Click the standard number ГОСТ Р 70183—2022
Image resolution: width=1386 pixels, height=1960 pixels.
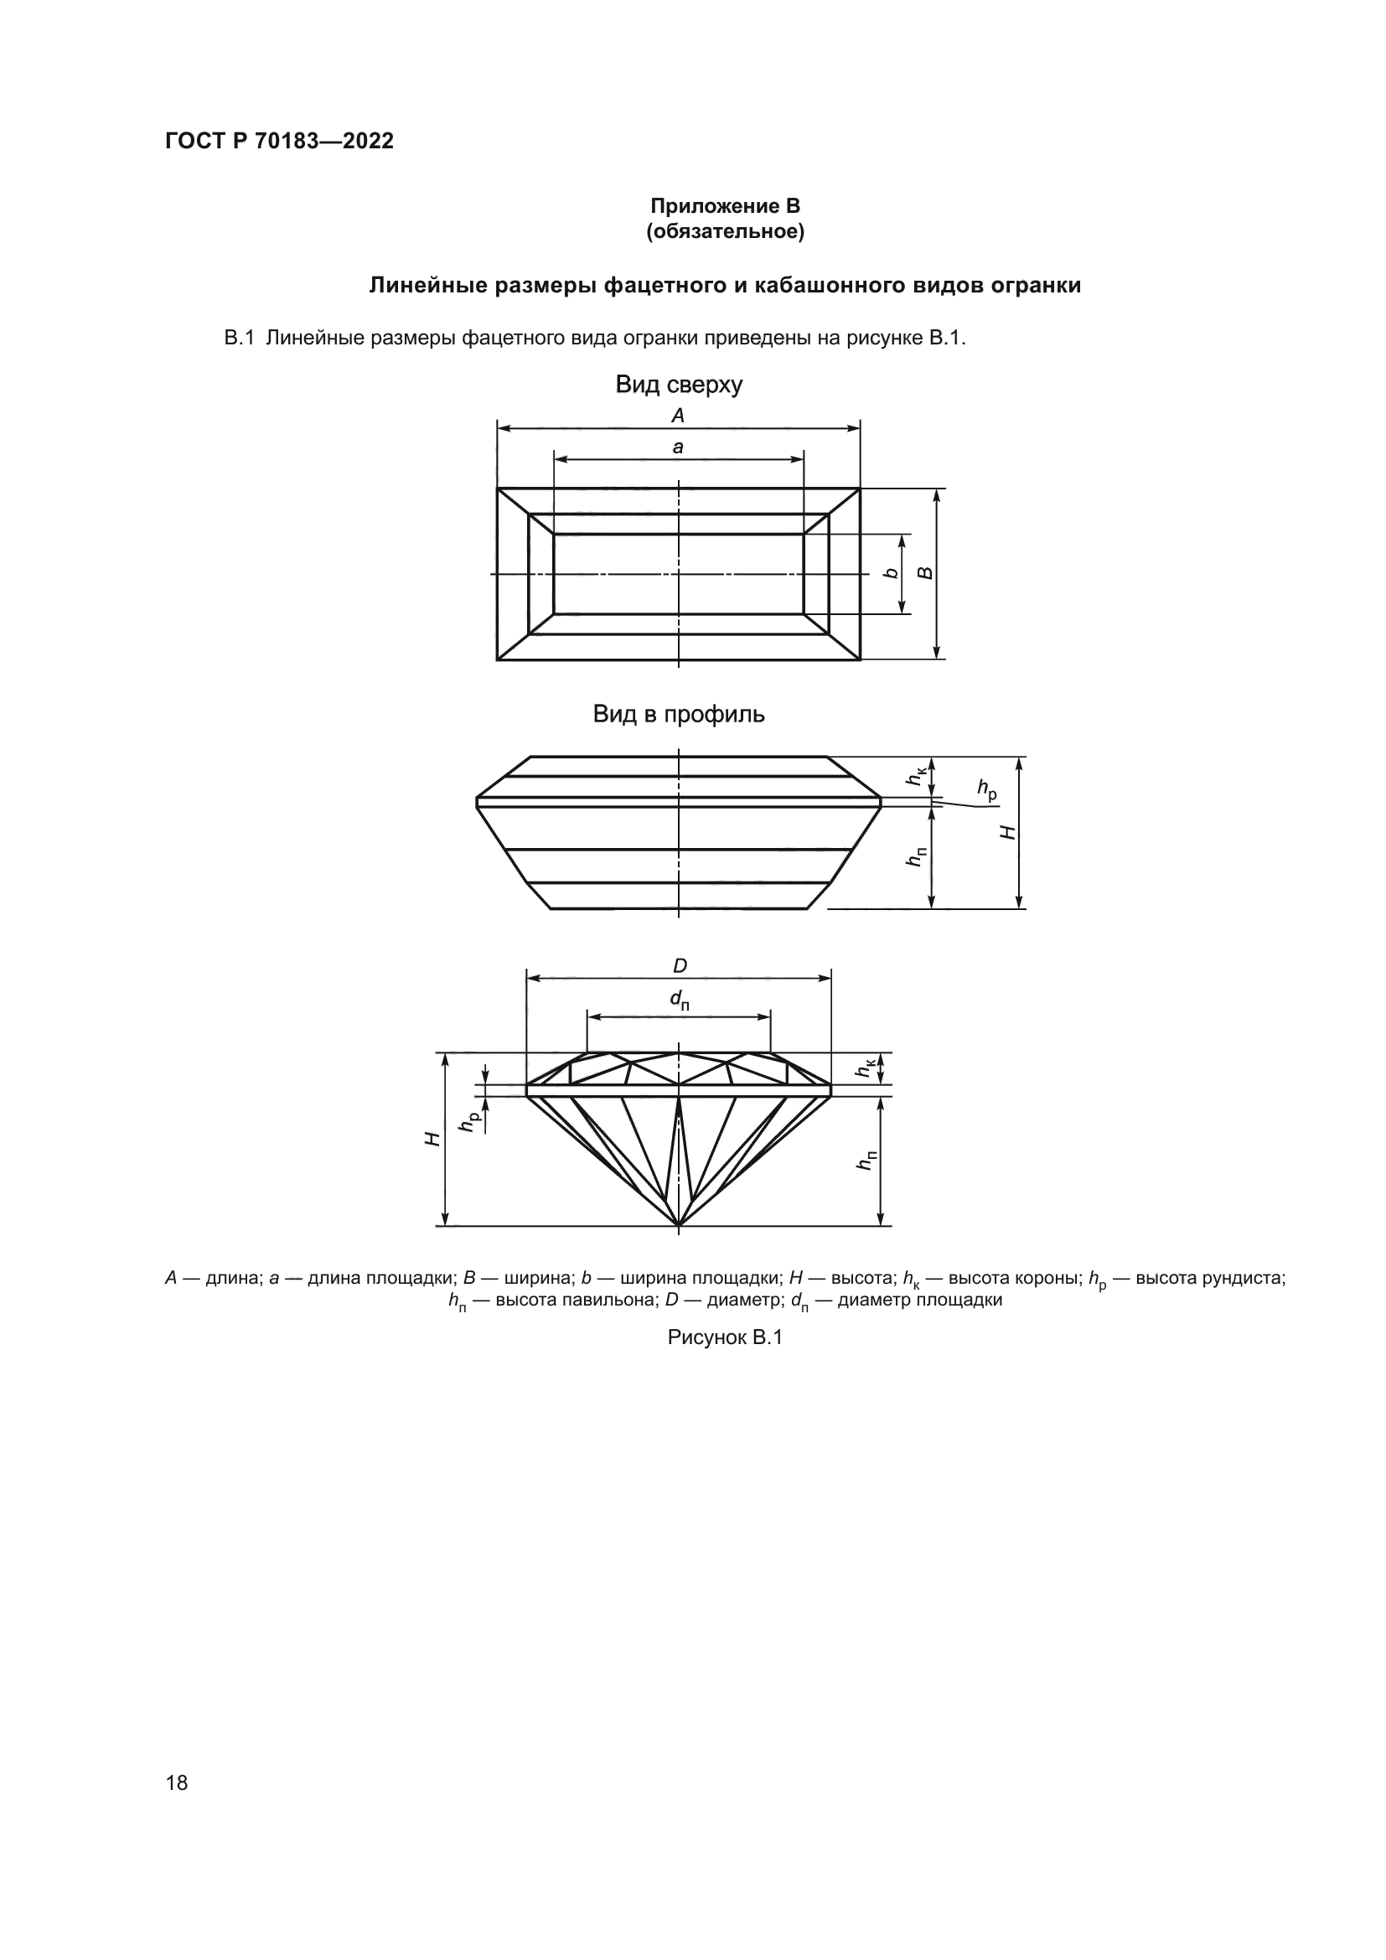279,142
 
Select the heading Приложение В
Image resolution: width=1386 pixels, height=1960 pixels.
725,206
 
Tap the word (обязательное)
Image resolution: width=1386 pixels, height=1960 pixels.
725,231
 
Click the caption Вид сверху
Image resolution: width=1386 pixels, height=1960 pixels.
679,385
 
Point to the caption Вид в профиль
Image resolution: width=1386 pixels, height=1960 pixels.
679,715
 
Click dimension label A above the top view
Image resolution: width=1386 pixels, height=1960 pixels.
678,416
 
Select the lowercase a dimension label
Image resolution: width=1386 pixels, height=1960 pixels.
678,447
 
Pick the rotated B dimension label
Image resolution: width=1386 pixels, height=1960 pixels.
924,573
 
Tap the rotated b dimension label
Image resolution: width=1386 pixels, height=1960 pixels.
890,573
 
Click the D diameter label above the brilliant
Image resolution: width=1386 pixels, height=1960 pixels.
680,966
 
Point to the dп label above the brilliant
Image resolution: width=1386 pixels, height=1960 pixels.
680,998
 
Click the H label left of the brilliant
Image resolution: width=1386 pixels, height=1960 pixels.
433,1139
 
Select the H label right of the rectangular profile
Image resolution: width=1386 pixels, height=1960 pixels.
1008,831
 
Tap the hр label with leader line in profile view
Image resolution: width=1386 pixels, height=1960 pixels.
986,790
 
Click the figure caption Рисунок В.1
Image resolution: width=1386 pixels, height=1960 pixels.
725,1337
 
